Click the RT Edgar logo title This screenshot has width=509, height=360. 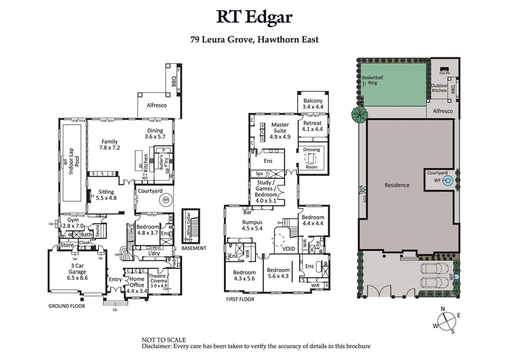click(x=254, y=18)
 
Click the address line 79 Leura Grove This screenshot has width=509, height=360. click(x=254, y=39)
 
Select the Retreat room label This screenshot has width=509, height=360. click(x=312, y=126)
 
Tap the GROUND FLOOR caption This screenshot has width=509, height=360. click(x=67, y=306)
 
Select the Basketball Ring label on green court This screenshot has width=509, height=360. click(x=373, y=80)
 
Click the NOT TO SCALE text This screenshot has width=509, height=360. click(x=162, y=340)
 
